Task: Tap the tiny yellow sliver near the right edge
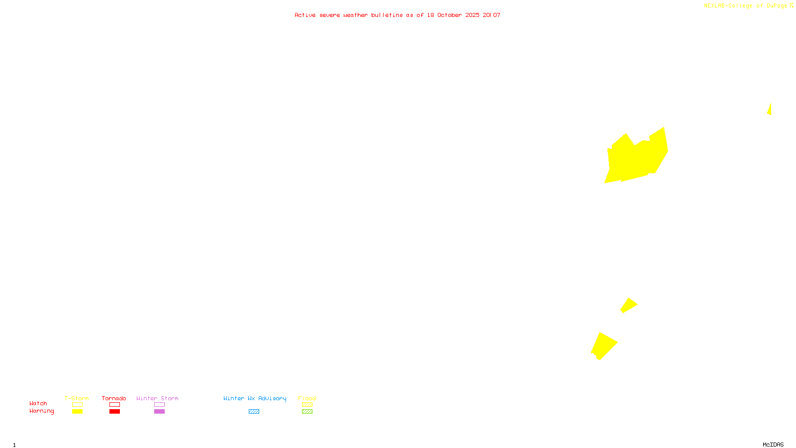[x=770, y=110]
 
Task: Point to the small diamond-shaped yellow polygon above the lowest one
[x=629, y=305]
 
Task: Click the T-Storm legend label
[x=77, y=398]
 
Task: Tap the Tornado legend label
[x=114, y=398]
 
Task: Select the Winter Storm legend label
[x=157, y=398]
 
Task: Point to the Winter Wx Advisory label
[x=255, y=398]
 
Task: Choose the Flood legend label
[x=307, y=398]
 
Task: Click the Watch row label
[x=38, y=404]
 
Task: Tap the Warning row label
[x=42, y=411]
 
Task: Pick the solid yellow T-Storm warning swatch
[x=77, y=412]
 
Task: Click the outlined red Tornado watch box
[x=114, y=405]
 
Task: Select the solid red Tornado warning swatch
[x=114, y=412]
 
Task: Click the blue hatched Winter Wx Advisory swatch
[x=254, y=412]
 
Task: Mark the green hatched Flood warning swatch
[x=307, y=412]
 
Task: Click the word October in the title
[x=449, y=15]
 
